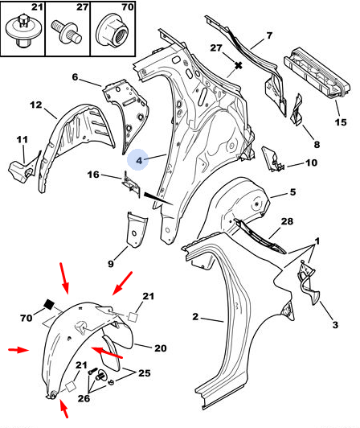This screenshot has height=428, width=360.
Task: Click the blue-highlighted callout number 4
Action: tap(139, 160)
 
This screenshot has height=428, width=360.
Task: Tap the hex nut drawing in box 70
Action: tap(112, 31)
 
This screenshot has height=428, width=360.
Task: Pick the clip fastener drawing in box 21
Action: tap(22, 31)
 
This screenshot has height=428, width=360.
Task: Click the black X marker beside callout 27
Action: tap(239, 65)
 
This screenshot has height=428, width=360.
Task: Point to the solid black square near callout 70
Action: tap(49, 304)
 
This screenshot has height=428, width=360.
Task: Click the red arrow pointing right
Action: tap(18, 350)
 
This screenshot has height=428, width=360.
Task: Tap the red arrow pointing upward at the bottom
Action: tap(63, 409)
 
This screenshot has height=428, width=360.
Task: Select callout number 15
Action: tap(341, 122)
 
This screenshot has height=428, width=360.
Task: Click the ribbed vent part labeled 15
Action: tap(317, 73)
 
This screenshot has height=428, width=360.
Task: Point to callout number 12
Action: tap(36, 105)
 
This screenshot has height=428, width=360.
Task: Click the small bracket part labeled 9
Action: tap(137, 230)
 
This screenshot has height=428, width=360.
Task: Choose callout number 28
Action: tap(287, 221)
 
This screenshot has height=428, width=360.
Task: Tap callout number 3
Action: tap(335, 324)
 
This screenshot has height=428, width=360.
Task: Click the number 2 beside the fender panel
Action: tap(195, 317)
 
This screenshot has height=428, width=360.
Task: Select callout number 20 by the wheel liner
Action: tap(161, 348)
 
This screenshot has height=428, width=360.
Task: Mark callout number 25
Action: tap(145, 372)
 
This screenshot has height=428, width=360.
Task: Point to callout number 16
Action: tap(93, 175)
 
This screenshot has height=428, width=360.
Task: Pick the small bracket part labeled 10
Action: tap(272, 159)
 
